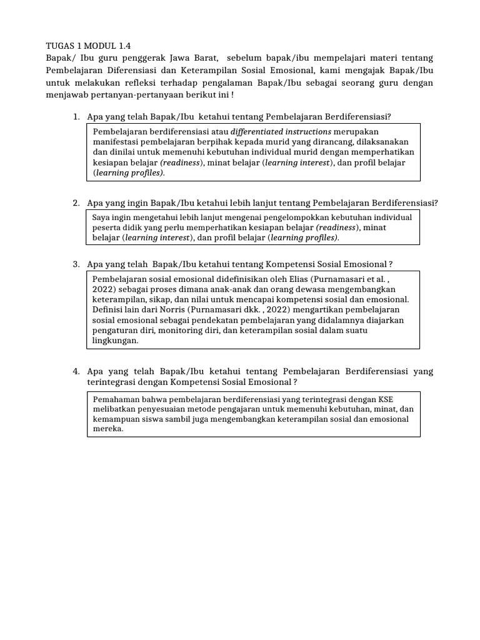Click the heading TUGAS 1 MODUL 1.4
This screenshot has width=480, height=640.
pos(89,45)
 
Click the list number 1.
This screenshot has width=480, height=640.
pos(76,116)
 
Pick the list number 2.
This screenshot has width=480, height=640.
pos(76,202)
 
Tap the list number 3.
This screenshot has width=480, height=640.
pos(76,264)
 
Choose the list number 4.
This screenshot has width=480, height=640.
pos(76,371)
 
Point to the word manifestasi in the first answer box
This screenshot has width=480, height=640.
pos(116,142)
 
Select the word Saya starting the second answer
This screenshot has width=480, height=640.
pos(101,217)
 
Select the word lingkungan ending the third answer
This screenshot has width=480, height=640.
pos(115,341)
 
